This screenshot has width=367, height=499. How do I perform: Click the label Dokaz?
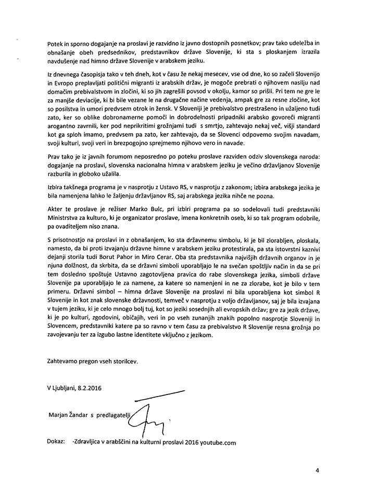point(55,442)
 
